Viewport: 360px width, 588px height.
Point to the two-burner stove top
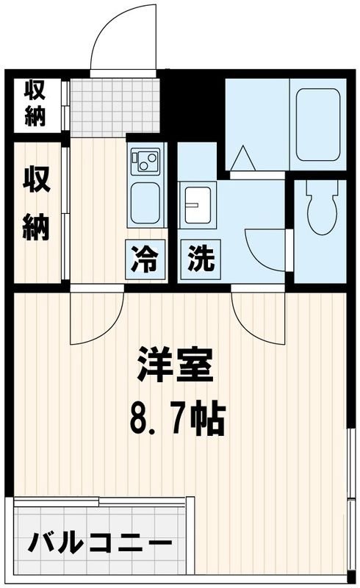coord(145,161)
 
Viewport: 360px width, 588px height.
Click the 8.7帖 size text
coord(177,419)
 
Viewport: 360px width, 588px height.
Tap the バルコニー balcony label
coord(100,545)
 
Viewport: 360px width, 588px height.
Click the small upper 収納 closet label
coord(35,103)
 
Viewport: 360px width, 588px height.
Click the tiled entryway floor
coord(116,107)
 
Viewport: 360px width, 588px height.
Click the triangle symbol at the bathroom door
coord(242,158)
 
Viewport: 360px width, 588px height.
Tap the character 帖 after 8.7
coord(207,419)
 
